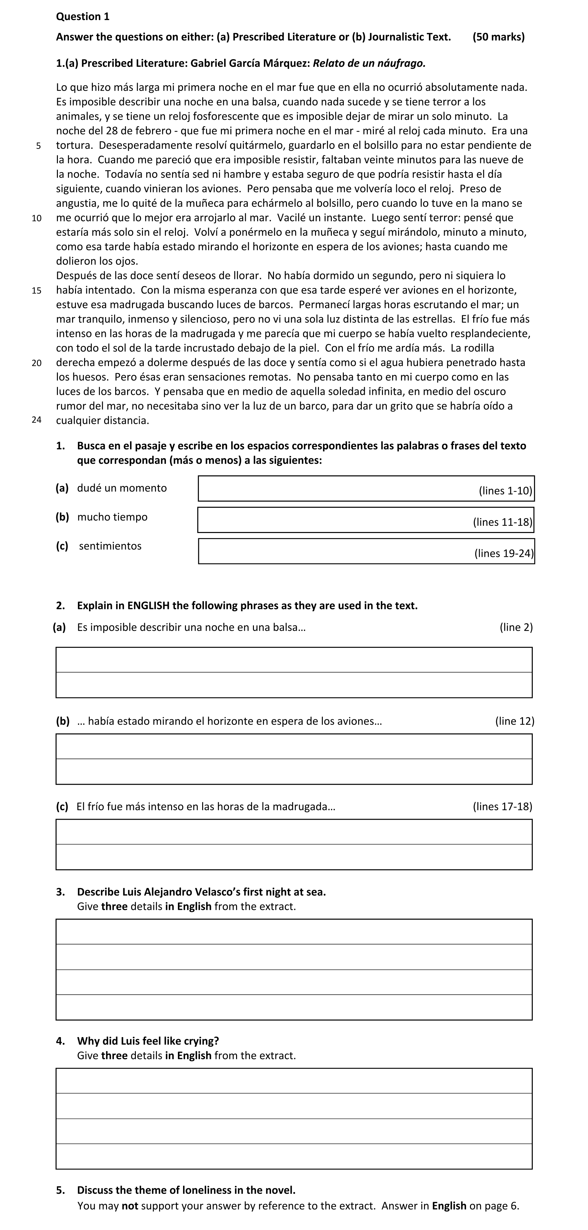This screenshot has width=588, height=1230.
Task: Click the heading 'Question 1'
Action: [x=82, y=17]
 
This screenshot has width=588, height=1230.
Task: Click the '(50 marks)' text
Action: [x=498, y=37]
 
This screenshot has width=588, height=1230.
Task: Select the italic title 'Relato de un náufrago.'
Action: [x=369, y=63]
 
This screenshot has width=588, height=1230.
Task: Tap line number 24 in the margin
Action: [x=37, y=420]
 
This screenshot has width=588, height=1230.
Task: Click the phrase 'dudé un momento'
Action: [x=122, y=488]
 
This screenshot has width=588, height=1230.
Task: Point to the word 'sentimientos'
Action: [x=110, y=546]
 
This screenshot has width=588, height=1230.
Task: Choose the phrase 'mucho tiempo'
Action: [x=112, y=517]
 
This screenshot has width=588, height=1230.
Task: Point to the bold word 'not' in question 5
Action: [x=130, y=1206]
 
